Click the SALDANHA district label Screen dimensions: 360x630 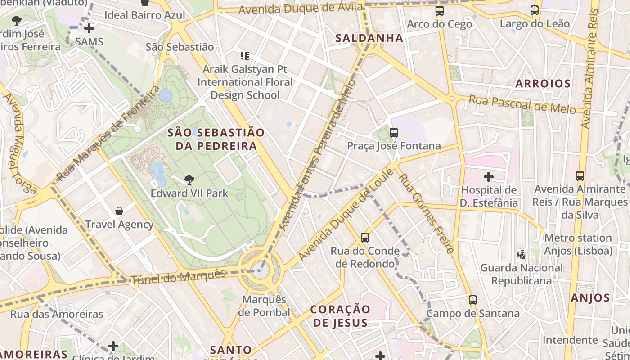pos(369,38)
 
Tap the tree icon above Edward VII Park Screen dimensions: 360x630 pos(189,180)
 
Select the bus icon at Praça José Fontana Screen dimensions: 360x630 pos(394,132)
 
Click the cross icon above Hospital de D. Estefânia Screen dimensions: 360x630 pos(488,177)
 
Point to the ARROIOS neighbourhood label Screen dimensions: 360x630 pos(543,83)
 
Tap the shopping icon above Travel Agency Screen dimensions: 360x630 pos(119,211)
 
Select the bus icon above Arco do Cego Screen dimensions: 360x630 pos(440,11)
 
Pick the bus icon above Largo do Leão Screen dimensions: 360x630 pos(535,10)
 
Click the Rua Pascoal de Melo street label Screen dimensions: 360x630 pos(522,104)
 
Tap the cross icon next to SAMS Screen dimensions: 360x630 pos(89,28)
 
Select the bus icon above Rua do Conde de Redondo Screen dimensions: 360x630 pos(365,237)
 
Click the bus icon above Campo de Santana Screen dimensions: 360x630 pos(472,300)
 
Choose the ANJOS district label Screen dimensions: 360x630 pos(590,298)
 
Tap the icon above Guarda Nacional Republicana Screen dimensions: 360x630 pos(522,254)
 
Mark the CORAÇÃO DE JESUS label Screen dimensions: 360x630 pos(341,316)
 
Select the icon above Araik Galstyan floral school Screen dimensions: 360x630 pos(245,56)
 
